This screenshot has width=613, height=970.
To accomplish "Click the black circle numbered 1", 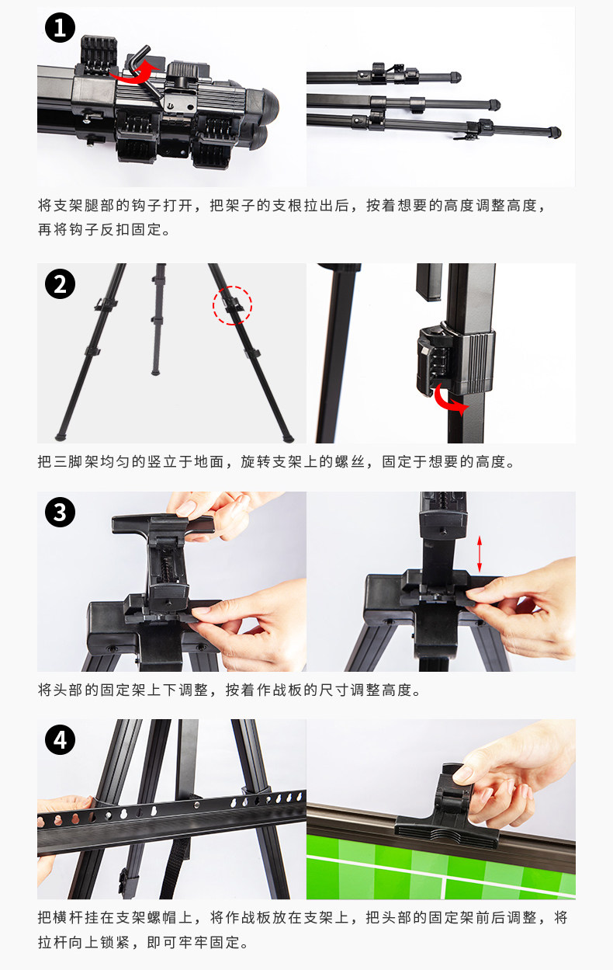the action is coord(60,28).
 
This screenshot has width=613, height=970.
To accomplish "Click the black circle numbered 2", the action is coord(60,284).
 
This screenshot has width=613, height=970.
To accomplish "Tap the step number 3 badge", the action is coord(60,513).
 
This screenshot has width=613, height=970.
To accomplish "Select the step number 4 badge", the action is coord(60,739).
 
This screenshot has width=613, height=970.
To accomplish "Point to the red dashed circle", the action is coord(232,305).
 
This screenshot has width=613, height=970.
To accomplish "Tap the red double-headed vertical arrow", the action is coord(480,554).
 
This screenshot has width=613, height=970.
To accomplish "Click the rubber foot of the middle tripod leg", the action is coord(155,371).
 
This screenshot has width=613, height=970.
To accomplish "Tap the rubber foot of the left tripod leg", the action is coord(61,436).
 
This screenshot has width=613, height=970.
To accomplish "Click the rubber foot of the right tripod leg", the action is coord(288,438).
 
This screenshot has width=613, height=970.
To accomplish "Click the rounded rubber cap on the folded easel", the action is coord(266,107).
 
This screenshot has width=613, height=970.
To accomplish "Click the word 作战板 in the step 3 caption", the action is coord(279,690).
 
